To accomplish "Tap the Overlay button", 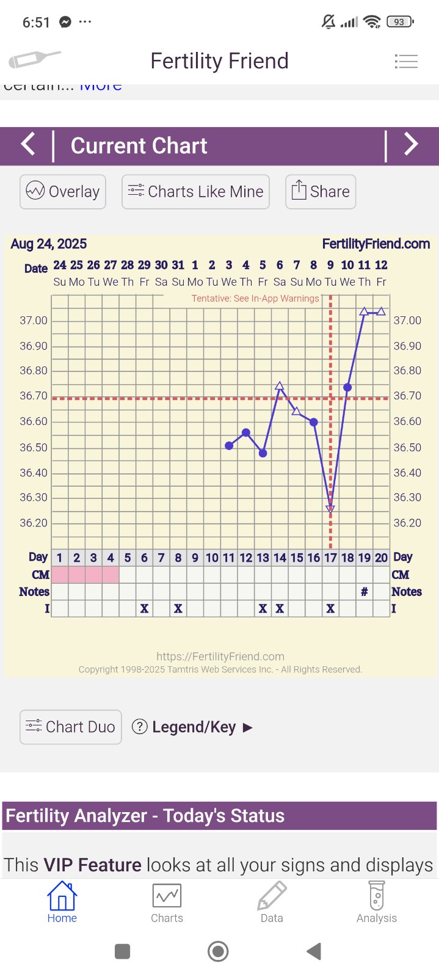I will pos(63,192).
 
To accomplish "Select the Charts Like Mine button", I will pos(195,192).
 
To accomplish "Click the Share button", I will pos(321,192).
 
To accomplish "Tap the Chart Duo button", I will pos(71,727).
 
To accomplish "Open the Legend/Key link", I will pos(192,727).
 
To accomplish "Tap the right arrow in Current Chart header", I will pos(412,145).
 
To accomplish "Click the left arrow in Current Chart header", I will pos(28,145).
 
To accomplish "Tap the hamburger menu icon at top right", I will pos(406,61).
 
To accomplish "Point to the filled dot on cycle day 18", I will pos(347,388).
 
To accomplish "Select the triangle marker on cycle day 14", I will pos(280,386).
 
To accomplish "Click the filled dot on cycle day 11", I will pos(229,446).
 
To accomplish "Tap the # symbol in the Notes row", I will pos(365,592).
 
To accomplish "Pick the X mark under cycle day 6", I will pos(144,609).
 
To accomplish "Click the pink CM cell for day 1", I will pos(60,575).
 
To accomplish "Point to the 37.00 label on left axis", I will pos(34,321).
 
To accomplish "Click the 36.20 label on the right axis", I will pos(407,523).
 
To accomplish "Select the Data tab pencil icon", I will pos(272,896).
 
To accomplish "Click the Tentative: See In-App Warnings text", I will pos(255,299).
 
